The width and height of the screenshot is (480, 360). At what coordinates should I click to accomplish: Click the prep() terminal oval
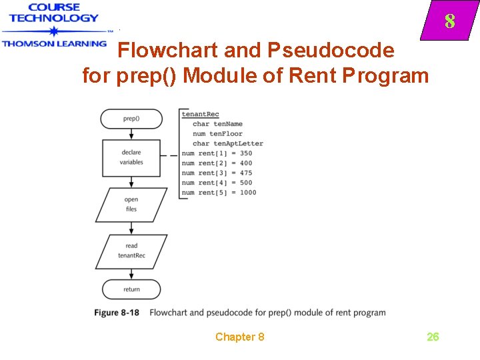tap(131, 119)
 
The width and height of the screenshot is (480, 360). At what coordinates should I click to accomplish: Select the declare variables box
tap(131, 157)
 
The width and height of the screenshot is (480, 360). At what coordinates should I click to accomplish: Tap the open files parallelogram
tap(131, 205)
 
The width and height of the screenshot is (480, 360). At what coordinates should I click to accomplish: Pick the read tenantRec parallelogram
tap(131, 251)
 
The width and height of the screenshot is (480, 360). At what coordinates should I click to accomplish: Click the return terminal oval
tap(131, 289)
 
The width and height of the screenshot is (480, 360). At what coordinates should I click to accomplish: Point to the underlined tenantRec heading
tap(200, 114)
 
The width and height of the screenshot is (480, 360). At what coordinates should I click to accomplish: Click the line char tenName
tap(217, 124)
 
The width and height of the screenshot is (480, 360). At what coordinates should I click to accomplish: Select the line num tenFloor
tap(217, 134)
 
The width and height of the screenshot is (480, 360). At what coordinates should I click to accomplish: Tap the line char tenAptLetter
tap(227, 143)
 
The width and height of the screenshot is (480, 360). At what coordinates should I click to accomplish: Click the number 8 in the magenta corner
tap(450, 22)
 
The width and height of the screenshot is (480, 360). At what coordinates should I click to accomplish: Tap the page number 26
tap(433, 337)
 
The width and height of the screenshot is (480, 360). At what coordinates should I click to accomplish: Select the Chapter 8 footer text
tap(239, 337)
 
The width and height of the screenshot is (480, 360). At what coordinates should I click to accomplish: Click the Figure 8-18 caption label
tap(117, 313)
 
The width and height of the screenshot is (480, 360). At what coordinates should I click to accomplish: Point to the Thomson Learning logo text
tap(54, 43)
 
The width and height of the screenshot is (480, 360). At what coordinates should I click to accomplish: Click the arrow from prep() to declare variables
tap(131, 133)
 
